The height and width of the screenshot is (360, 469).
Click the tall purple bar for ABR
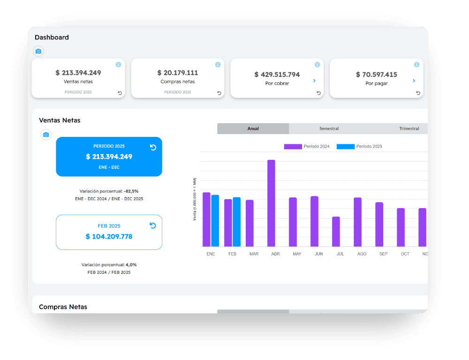tap(271, 203)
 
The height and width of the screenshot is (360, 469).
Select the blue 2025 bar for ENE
tap(215, 221)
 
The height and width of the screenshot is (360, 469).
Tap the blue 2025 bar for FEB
tap(236, 222)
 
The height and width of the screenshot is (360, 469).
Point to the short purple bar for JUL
tap(336, 232)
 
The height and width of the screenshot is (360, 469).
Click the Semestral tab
tap(329, 128)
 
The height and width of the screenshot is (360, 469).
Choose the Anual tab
tap(253, 128)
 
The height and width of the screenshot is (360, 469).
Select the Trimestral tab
tap(409, 128)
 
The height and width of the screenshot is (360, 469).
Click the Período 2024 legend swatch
tap(293, 147)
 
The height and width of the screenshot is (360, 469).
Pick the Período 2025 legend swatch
tap(346, 147)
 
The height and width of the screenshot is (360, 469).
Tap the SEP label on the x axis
tap(384, 254)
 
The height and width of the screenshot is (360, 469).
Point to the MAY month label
tap(297, 254)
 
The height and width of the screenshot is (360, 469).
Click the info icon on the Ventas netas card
tap(119, 65)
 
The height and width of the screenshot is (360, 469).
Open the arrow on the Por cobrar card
tap(314, 81)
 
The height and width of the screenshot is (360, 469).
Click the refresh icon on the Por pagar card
tap(418, 93)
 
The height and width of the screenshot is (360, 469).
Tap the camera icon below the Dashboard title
tap(38, 52)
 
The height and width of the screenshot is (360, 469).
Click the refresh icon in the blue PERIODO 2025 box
tap(153, 147)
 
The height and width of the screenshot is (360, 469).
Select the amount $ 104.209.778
tap(109, 237)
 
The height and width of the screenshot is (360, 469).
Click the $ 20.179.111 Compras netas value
tap(178, 73)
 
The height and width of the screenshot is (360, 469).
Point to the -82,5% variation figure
tap(131, 191)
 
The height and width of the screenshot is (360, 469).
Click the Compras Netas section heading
tap(63, 307)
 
